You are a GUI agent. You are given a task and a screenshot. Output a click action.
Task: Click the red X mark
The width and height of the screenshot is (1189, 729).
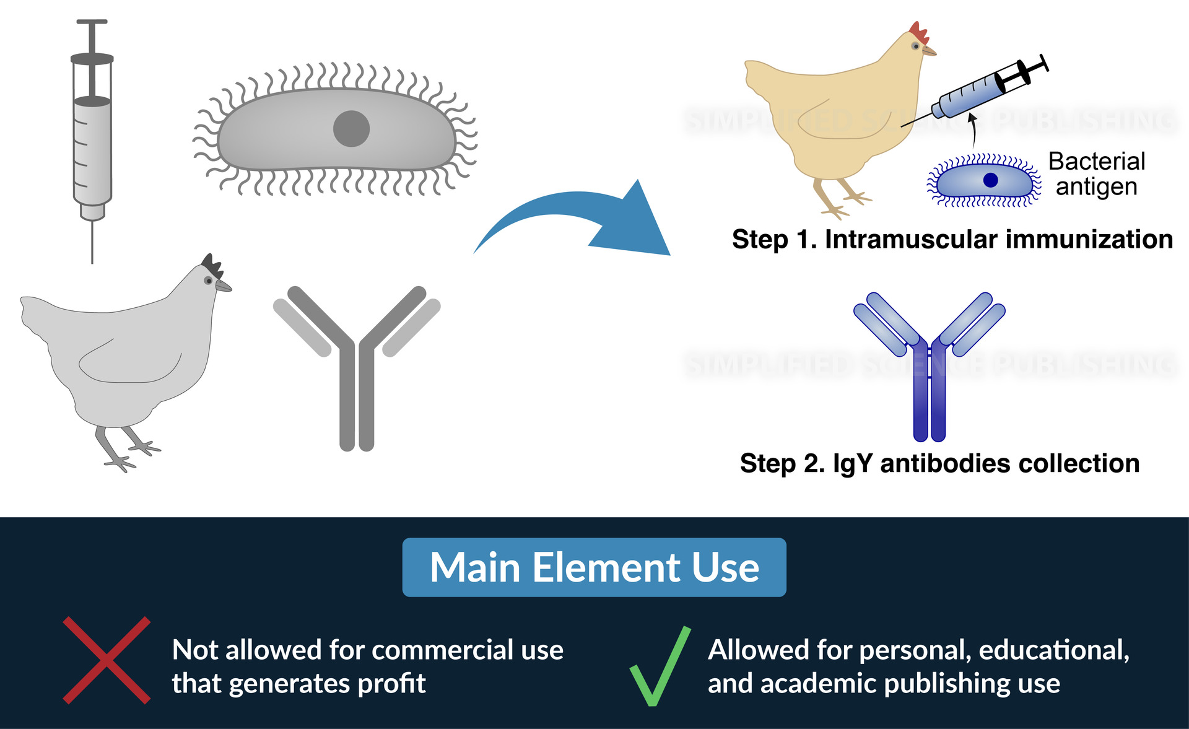(x=107, y=660)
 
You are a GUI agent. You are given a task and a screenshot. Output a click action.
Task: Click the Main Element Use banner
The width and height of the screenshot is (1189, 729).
(x=594, y=567)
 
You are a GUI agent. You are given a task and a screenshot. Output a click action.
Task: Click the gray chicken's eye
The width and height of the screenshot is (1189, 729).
(x=209, y=281)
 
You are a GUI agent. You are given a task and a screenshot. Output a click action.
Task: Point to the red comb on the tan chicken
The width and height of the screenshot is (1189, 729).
(x=919, y=32)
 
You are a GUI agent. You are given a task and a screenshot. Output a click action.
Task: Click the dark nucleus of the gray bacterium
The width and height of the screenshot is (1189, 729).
(x=351, y=129)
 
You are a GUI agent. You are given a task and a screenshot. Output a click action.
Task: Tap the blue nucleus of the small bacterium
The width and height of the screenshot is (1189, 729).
(x=990, y=180)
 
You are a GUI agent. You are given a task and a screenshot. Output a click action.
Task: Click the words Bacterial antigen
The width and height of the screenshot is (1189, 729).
(x=1096, y=173)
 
